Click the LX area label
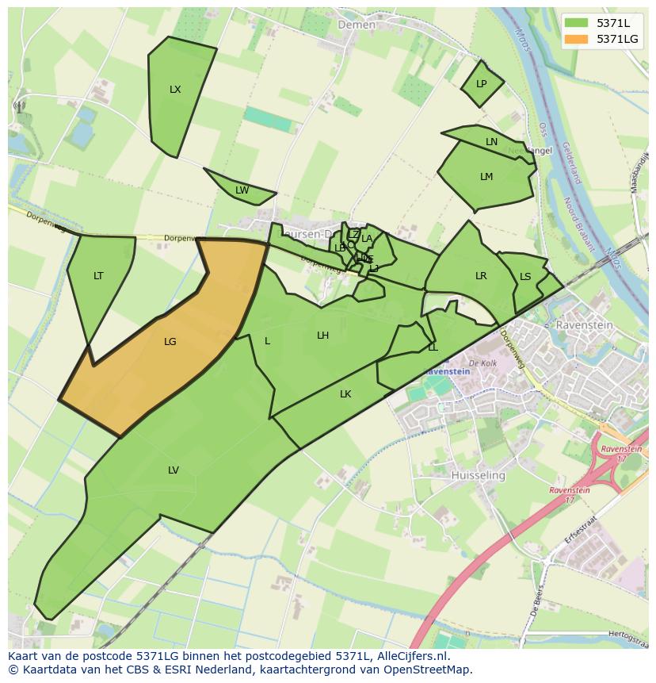(175, 90)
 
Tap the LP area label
(481, 84)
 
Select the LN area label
(491, 142)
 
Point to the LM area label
(486, 177)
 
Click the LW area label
(242, 190)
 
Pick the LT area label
(98, 276)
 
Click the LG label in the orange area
(170, 342)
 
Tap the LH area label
(322, 336)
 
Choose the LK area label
(345, 394)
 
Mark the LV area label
(174, 470)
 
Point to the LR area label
(481, 276)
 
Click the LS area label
(525, 277)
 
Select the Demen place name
(357, 25)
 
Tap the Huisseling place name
(478, 475)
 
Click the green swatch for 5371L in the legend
(576, 22)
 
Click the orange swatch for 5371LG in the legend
(576, 39)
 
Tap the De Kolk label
(482, 363)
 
